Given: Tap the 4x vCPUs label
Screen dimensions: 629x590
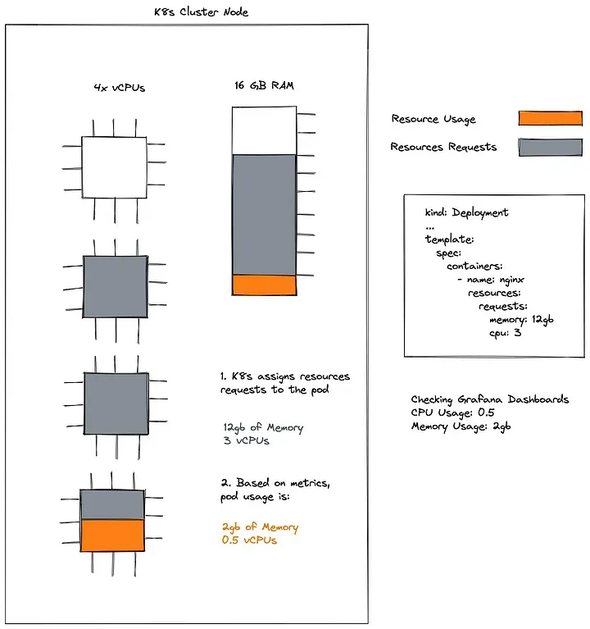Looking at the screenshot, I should [x=119, y=87].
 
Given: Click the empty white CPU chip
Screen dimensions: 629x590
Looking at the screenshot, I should [x=114, y=167].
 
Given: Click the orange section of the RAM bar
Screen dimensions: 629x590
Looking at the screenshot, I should [x=263, y=285].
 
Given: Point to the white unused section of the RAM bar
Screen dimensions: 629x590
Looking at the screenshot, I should [x=263, y=130].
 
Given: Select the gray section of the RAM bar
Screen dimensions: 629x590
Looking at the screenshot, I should [x=263, y=214].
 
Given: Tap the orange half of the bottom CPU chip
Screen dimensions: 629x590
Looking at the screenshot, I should [x=113, y=535].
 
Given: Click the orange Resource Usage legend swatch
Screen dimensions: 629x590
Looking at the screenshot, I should [x=550, y=118].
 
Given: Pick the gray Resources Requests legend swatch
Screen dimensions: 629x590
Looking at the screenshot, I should [x=550, y=147].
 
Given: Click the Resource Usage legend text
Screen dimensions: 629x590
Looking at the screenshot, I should [x=433, y=119].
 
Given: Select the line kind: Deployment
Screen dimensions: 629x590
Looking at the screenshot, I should [x=466, y=212].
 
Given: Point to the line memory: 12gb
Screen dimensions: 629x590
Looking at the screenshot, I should [x=520, y=320].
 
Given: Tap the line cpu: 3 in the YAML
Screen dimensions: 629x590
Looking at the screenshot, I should [x=506, y=334].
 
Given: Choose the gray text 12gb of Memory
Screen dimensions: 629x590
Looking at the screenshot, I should [x=262, y=427].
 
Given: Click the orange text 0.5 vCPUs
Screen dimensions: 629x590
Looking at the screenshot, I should [x=249, y=540].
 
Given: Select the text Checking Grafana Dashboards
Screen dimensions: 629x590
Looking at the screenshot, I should [x=489, y=399].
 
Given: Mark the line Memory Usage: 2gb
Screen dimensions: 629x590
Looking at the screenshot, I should [x=461, y=426].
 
